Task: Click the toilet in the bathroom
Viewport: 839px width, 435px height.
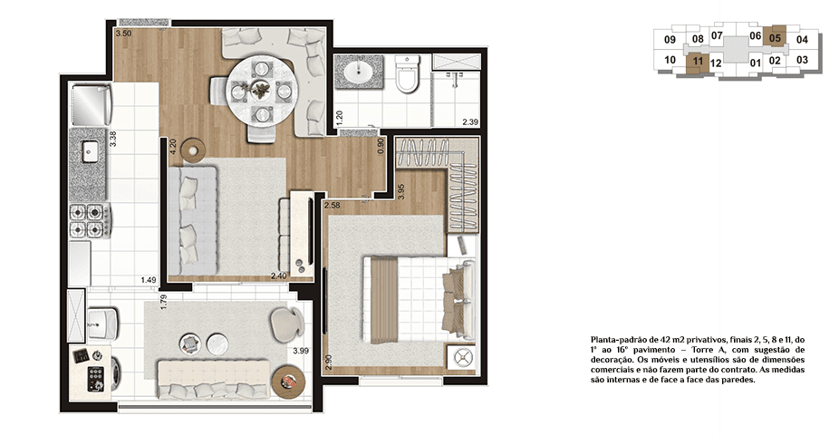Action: [x=406, y=80]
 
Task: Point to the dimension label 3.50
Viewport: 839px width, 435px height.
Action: [x=123, y=34]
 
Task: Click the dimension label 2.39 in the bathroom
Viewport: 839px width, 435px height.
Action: [x=470, y=121]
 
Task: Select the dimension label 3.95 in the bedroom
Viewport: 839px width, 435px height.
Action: [x=401, y=192]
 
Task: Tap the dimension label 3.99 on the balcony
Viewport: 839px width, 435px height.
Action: [x=300, y=349]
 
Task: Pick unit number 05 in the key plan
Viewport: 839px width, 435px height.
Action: [x=775, y=38]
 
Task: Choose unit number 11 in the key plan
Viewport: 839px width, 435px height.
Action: [x=696, y=63]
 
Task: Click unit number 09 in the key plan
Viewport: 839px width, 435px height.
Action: [x=670, y=40]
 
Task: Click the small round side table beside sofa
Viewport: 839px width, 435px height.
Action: [x=192, y=149]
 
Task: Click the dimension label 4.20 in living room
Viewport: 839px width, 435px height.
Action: [x=172, y=147]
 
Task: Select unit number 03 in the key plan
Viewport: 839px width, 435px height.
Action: [x=802, y=60]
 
